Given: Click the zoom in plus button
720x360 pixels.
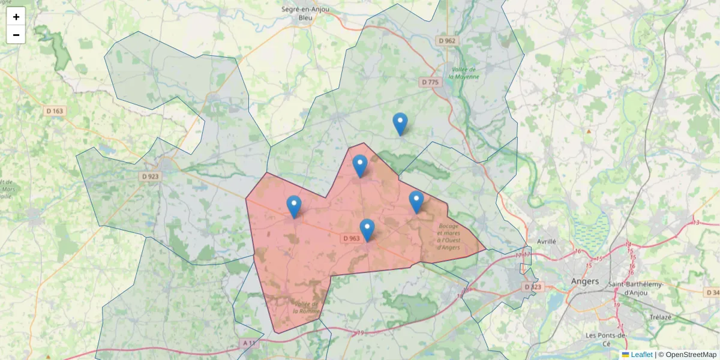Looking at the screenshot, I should (x=16, y=17).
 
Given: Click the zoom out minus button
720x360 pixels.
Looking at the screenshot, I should (x=16, y=35).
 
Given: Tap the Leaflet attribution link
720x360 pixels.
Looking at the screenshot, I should (x=641, y=355).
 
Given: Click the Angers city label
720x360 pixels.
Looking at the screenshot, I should (x=585, y=281).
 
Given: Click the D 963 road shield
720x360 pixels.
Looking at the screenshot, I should (x=352, y=238).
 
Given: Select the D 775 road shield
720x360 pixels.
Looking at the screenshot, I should (x=431, y=82).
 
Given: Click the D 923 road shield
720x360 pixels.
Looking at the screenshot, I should (x=151, y=176).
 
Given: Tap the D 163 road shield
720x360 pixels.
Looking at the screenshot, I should (x=55, y=111).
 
